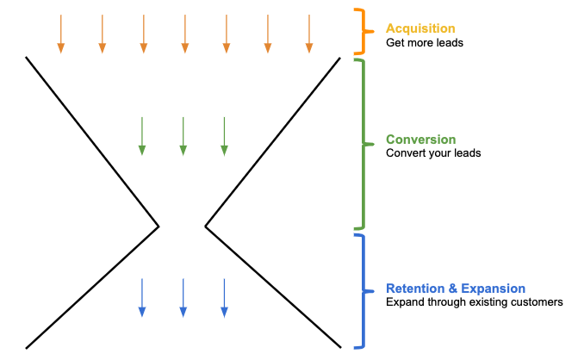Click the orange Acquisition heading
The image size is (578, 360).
click(420, 28)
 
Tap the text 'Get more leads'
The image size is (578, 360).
click(425, 42)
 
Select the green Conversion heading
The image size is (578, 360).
click(421, 140)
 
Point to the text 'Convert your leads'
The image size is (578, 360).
click(433, 153)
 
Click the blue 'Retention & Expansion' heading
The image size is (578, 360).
click(456, 289)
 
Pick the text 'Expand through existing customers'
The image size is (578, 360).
click(474, 302)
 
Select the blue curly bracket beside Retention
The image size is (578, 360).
click(363, 291)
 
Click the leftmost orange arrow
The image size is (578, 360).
click(60, 34)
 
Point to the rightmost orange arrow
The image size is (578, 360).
click(308, 34)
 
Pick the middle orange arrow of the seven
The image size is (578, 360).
click(184, 34)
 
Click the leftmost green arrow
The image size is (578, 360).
click(141, 137)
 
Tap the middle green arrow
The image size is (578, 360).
click(183, 137)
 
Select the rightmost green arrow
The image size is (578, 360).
click(224, 137)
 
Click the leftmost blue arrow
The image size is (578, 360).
click(141, 297)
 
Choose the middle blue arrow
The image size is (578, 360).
click(183, 297)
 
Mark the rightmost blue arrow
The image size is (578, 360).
click(224, 297)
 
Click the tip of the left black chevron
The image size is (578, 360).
click(159, 227)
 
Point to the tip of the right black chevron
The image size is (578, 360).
click(206, 227)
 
